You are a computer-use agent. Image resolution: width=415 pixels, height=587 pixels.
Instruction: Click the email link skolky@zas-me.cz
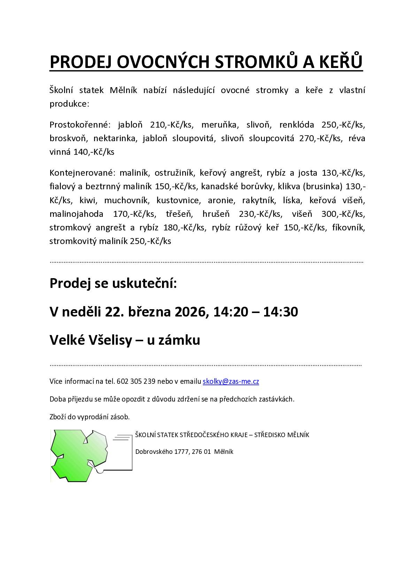point(231,381)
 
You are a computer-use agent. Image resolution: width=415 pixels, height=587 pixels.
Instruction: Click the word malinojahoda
point(76,214)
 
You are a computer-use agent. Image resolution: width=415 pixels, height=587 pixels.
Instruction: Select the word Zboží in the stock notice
point(58,417)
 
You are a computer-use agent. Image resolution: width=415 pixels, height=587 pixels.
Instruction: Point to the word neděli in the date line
point(81,312)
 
